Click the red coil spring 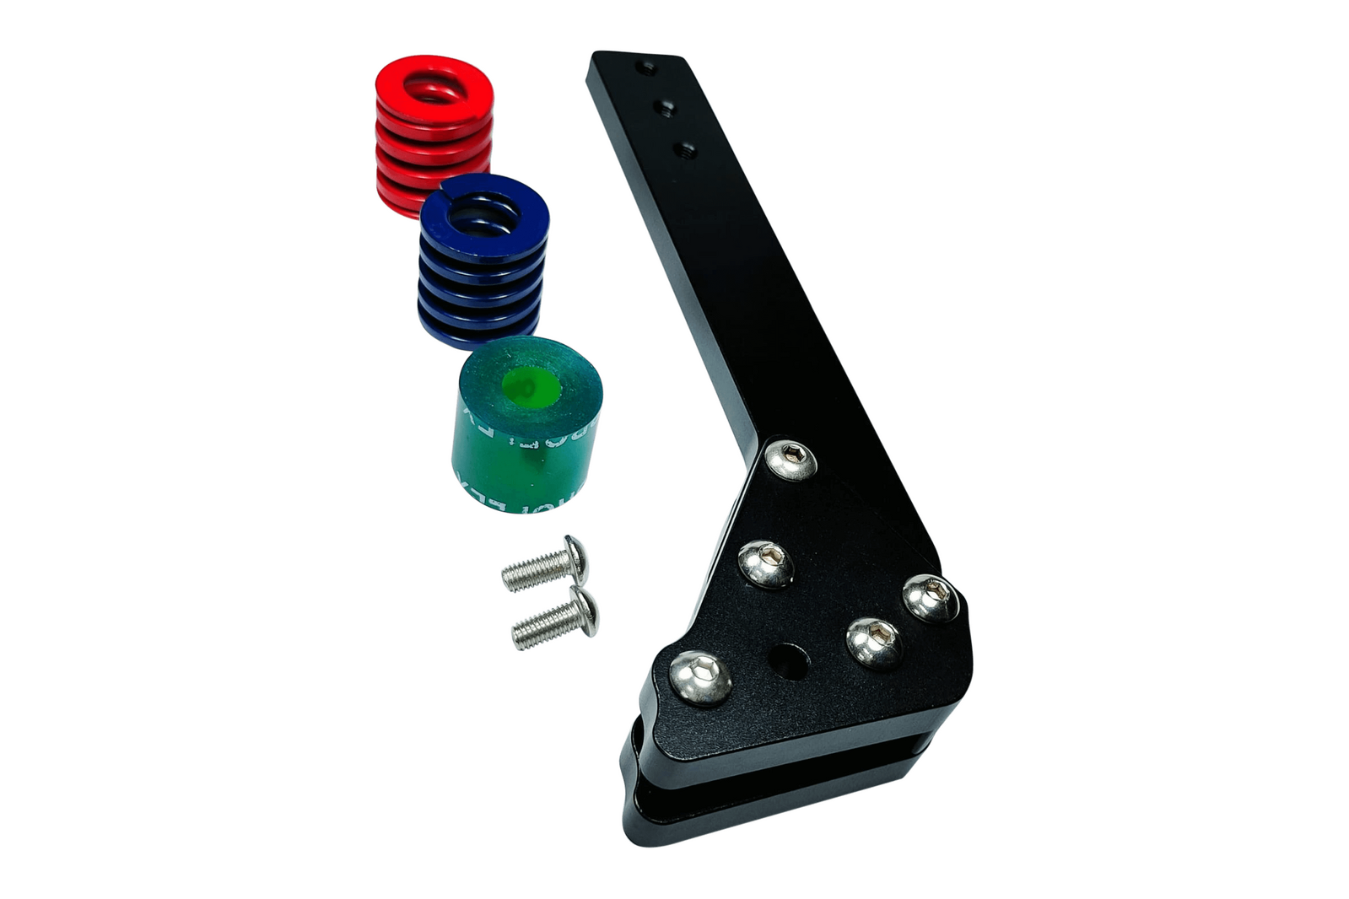click(432, 135)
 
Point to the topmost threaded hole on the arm click(645, 66)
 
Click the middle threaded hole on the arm click(665, 107)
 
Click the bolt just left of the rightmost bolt click(873, 642)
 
